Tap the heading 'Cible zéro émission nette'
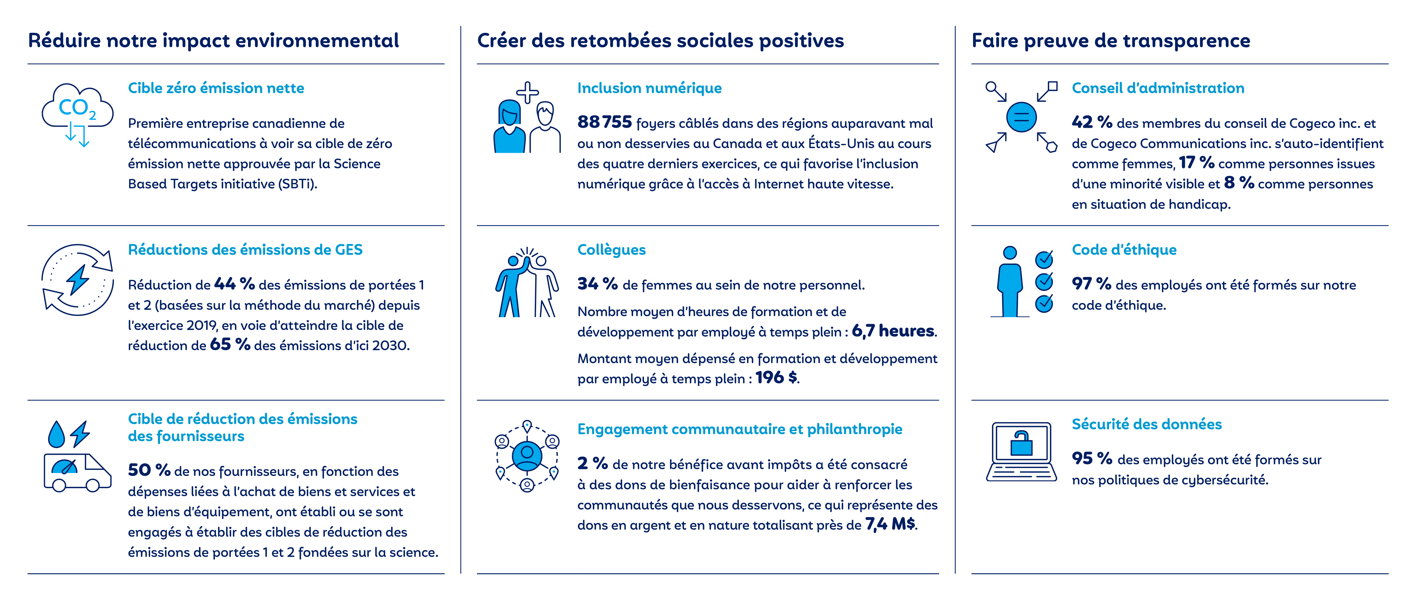click(216, 88)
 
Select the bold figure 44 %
click(234, 284)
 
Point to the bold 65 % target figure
click(230, 345)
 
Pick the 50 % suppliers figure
click(149, 470)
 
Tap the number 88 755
click(604, 122)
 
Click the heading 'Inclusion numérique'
click(649, 88)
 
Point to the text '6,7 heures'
click(893, 331)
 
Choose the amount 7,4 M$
click(890, 524)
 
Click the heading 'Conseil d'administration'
click(1158, 88)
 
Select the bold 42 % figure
click(1091, 122)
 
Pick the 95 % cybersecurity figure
click(1091, 459)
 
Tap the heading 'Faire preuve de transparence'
click(1111, 41)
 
